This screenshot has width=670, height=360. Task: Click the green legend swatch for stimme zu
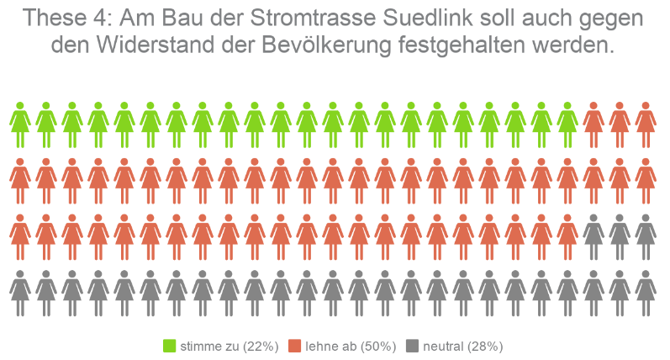pyautogui.click(x=169, y=346)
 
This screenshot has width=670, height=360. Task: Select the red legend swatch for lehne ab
pyautogui.click(x=294, y=346)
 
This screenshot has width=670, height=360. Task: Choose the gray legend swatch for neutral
pyautogui.click(x=412, y=346)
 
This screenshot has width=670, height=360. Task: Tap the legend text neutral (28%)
pyautogui.click(x=463, y=346)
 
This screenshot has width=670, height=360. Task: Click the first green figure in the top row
pyautogui.click(x=20, y=124)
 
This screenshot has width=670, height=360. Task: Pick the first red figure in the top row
pyautogui.click(x=594, y=124)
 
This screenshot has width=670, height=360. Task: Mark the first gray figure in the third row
pyautogui.click(x=594, y=237)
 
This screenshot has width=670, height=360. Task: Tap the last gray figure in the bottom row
pyautogui.click(x=646, y=293)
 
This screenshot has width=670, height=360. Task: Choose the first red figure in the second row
pyautogui.click(x=20, y=181)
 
